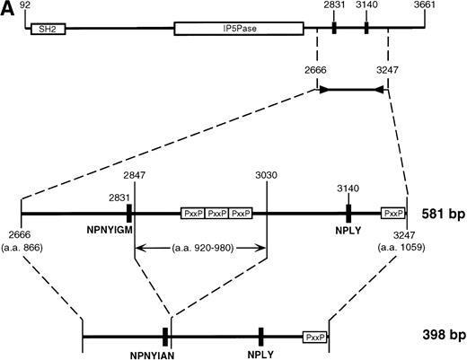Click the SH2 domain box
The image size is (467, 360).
[x=42, y=29]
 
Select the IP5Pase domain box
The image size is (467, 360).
[x=238, y=29]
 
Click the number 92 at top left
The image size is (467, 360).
[x=38, y=8]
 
